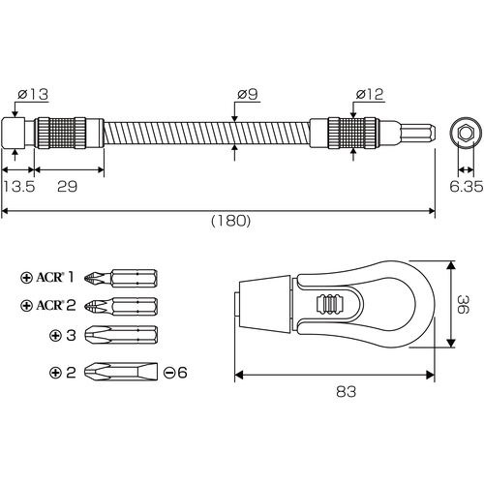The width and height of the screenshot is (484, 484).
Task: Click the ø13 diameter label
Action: (x=33, y=94)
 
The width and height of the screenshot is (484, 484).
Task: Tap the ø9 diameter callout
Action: (x=248, y=94)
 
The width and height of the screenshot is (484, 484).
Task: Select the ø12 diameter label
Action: (x=370, y=94)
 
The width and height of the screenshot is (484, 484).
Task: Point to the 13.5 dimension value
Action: (x=18, y=187)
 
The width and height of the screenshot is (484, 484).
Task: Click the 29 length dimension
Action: (x=68, y=187)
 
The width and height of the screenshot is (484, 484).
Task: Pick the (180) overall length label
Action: (x=230, y=221)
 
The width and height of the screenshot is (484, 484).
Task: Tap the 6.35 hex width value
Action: (x=467, y=187)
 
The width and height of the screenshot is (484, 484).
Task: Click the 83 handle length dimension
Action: (x=346, y=391)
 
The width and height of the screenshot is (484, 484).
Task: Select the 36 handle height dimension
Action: (x=463, y=304)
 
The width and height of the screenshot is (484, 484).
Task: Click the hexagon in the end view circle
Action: (x=466, y=133)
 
